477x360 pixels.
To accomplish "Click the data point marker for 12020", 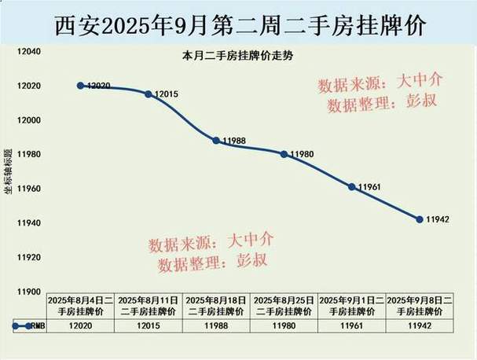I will click(x=81, y=86).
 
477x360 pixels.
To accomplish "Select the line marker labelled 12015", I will click(x=149, y=94).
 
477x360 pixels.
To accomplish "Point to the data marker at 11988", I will click(x=216, y=141).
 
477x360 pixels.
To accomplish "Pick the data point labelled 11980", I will click(x=284, y=154).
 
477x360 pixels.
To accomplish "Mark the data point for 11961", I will click(x=351, y=187).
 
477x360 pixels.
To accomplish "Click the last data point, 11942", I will click(x=420, y=219).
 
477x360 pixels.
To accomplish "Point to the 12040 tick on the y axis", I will click(x=30, y=51).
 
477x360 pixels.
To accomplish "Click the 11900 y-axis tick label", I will click(x=30, y=292).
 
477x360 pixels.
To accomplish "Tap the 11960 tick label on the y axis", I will click(x=30, y=189).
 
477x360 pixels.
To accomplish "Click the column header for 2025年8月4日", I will click(x=81, y=305).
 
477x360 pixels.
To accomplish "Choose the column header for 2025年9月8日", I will click(x=420, y=305).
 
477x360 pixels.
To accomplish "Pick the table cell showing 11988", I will click(x=216, y=324).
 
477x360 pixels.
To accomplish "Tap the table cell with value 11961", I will click(x=351, y=324).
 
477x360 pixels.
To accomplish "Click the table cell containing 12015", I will click(x=149, y=324).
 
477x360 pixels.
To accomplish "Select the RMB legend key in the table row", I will click(x=24, y=325).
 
